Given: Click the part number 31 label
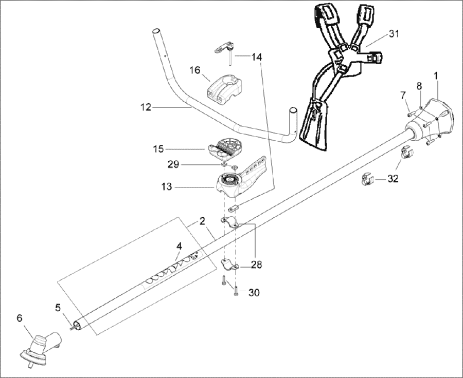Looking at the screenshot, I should click(x=394, y=34).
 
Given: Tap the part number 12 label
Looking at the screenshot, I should click(x=146, y=107).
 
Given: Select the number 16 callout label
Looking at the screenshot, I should click(x=195, y=70).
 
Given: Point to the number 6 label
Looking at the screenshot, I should click(x=20, y=318).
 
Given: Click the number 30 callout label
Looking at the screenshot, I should click(x=254, y=293).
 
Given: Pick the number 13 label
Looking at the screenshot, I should click(x=166, y=188).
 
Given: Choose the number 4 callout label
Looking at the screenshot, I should click(x=179, y=246).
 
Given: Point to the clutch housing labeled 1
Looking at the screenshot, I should click(x=435, y=116).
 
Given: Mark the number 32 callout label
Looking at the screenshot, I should click(x=393, y=179).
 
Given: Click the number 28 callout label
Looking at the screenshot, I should click(x=256, y=265).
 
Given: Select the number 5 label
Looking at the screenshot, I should click(x=58, y=308).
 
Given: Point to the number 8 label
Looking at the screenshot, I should click(x=419, y=85).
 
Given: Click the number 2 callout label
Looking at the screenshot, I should click(x=202, y=221).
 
